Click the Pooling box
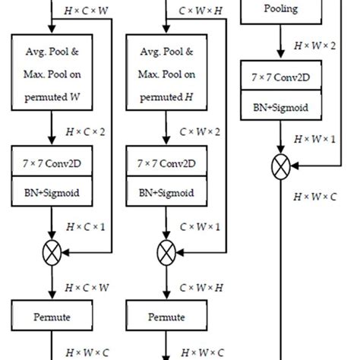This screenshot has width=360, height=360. (282, 11)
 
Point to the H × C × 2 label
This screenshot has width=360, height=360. (84, 131)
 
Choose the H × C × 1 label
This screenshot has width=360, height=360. (84, 226)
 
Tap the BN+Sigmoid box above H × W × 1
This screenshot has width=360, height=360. (282, 108)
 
